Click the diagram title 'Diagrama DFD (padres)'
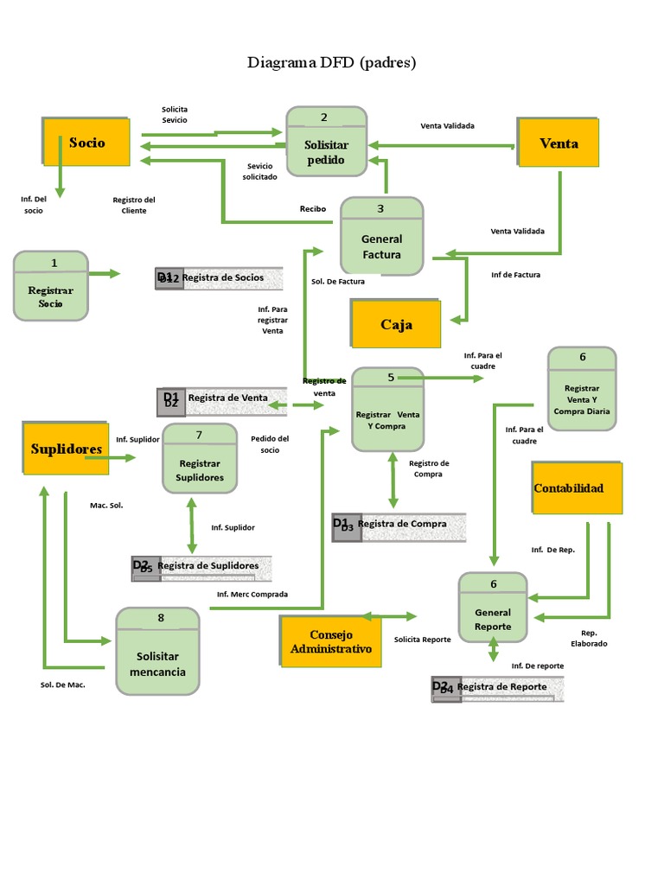click(x=332, y=62)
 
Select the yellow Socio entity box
click(x=87, y=143)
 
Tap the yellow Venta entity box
click(x=559, y=143)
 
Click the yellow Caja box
click(x=396, y=324)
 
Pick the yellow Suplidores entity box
click(x=67, y=449)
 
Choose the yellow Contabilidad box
click(x=568, y=488)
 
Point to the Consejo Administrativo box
click(x=331, y=642)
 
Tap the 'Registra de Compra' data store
click(x=399, y=525)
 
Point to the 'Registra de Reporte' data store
click(x=498, y=688)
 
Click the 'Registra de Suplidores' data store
click(x=201, y=567)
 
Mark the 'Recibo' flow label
click(x=313, y=208)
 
